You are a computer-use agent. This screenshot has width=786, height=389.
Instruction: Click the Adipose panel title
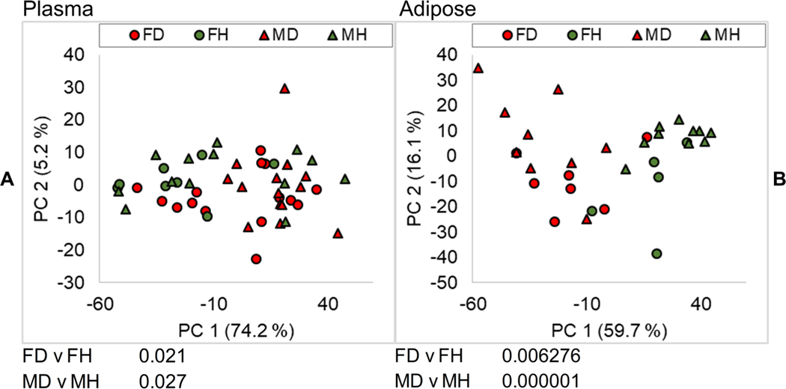[x=427, y=9]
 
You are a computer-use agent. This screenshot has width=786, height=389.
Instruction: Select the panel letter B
[x=777, y=181]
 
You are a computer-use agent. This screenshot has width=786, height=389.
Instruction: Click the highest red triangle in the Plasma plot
[x=284, y=88]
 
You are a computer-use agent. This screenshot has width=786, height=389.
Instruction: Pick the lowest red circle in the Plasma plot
[x=256, y=259]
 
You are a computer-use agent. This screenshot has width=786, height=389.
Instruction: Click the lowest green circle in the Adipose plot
[x=656, y=254]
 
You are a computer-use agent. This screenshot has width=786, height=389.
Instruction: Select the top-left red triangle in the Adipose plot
[x=478, y=68]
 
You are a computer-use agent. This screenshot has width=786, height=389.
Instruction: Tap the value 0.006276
[x=540, y=356]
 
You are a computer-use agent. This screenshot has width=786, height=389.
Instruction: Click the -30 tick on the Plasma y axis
[x=73, y=283]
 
